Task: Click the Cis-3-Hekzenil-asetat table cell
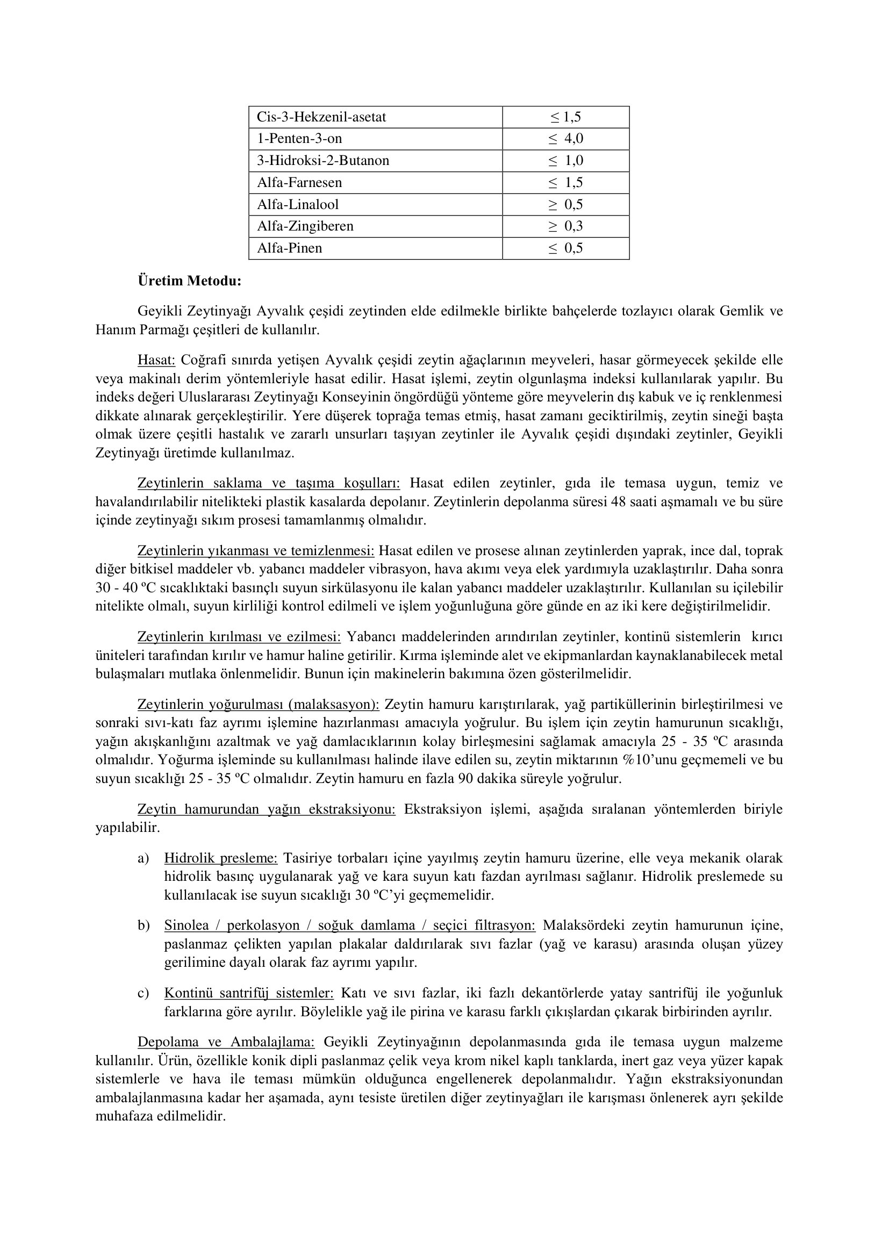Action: pos(321,117)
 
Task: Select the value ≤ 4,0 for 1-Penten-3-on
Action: pos(566,139)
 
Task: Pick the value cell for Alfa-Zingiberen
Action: pos(566,226)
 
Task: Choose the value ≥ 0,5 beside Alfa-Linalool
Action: pos(566,205)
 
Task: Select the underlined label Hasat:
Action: pos(156,360)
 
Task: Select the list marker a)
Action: pos(144,858)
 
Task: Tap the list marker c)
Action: pos(144,993)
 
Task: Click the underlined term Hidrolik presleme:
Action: pos(220,858)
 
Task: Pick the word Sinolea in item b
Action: pos(187,926)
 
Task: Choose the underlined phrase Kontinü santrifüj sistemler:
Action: pos(248,993)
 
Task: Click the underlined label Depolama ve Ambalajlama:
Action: pos(226,1042)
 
